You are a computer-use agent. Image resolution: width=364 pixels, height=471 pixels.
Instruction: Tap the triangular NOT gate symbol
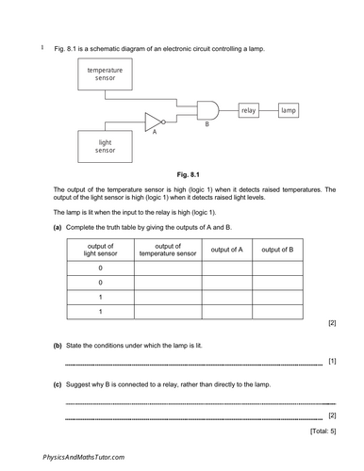[155, 120]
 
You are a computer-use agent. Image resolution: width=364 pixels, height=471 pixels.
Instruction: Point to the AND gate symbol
[207, 111]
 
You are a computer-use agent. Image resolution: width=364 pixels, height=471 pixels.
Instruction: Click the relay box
[249, 111]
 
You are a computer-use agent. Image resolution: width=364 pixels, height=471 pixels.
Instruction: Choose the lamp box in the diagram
[290, 111]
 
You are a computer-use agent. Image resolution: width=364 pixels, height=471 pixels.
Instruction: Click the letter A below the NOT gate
[155, 133]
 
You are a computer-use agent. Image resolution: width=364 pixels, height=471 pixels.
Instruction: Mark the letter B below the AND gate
[207, 125]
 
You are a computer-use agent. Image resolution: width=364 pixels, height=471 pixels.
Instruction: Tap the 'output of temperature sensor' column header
[168, 249]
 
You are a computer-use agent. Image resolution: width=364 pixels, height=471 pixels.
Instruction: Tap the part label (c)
[58, 384]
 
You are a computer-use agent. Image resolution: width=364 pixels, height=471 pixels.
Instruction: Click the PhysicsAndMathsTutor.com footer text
[83, 457]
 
